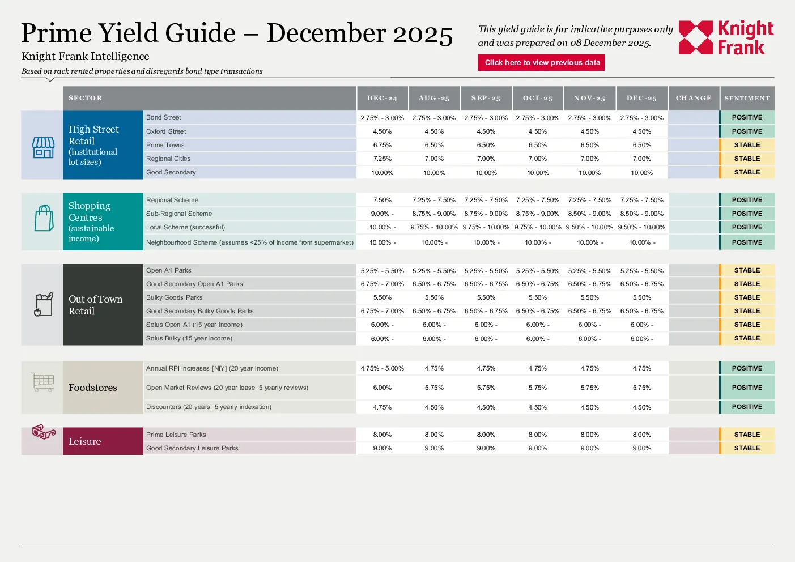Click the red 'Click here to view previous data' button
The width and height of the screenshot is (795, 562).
coord(541,62)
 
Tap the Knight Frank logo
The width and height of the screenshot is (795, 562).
coord(726,37)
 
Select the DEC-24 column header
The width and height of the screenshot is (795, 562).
coord(382,98)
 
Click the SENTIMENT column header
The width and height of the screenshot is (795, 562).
coord(747,98)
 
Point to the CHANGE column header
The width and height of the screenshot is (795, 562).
coord(694,98)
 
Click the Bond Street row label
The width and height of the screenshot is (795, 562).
coord(164,117)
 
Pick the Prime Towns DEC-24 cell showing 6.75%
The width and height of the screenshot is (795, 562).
coord(382,145)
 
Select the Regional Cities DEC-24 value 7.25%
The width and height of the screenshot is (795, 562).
coord(382,159)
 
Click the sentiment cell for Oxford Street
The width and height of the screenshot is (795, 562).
coord(747,131)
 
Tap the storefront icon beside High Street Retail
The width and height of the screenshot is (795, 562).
coord(43,148)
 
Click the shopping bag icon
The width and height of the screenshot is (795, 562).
coord(44,218)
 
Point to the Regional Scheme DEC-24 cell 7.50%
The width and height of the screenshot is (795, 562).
coord(382,200)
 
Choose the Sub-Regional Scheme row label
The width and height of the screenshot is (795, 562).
coord(179,214)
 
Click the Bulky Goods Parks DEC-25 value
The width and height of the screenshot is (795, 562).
coord(641,297)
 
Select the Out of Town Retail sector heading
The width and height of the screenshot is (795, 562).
coord(95,305)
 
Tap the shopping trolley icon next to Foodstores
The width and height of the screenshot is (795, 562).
coord(43,382)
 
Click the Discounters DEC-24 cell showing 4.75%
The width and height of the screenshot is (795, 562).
coord(382,407)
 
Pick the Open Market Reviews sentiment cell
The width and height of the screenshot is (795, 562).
coord(747,388)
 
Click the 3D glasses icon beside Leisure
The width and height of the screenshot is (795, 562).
coord(44,432)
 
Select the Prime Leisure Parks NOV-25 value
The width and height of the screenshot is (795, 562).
coord(589,435)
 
